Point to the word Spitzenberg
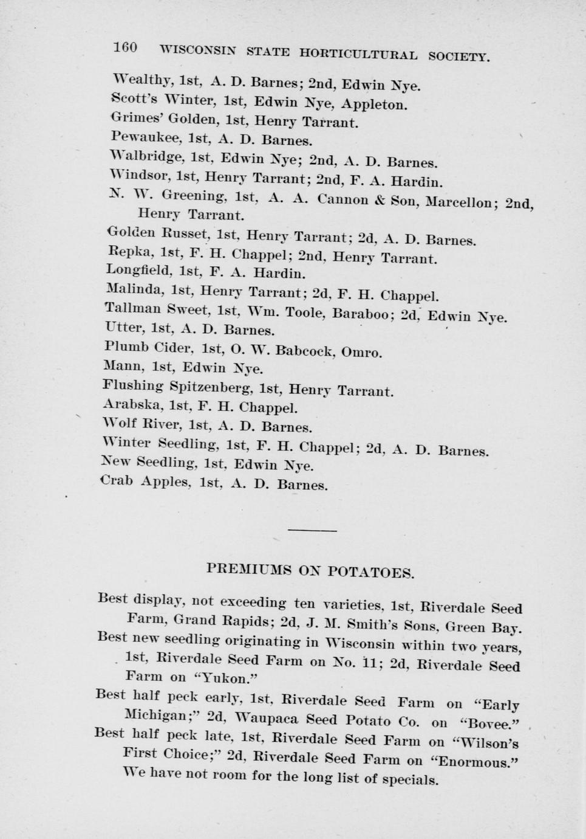(x=209, y=387)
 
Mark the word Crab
(x=117, y=480)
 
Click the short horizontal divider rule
(x=312, y=531)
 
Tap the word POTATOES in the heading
(x=371, y=572)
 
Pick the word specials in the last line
(x=410, y=779)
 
